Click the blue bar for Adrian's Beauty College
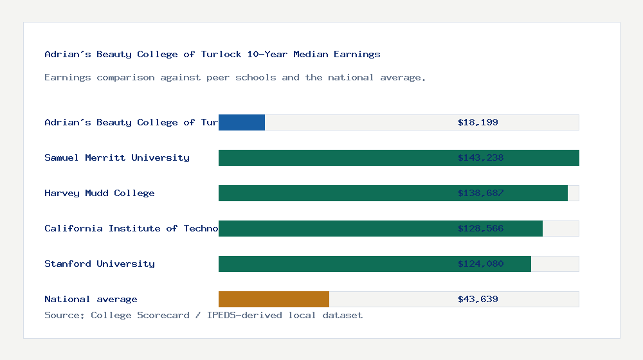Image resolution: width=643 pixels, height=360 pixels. pyautogui.click(x=242, y=122)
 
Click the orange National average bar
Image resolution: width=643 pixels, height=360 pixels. pyautogui.click(x=274, y=299)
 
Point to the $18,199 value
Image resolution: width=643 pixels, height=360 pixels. pyautogui.click(x=478, y=122)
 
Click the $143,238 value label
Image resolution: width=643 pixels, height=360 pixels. pyautogui.click(x=480, y=157)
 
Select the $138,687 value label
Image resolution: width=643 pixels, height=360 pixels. pyautogui.click(x=480, y=193)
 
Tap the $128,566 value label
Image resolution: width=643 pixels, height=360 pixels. pyautogui.click(x=480, y=228)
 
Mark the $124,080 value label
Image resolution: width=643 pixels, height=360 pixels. pyautogui.click(x=480, y=264)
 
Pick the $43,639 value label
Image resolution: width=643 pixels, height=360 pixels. pyautogui.click(x=478, y=299)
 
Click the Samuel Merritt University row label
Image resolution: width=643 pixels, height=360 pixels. pyautogui.click(x=117, y=157)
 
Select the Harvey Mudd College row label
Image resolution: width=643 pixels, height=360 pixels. pyautogui.click(x=100, y=193)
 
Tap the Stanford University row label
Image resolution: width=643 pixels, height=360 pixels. pyautogui.click(x=100, y=264)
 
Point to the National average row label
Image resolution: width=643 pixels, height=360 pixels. pyautogui.click(x=91, y=299)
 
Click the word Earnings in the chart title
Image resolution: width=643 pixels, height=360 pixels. pyautogui.click(x=357, y=54)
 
